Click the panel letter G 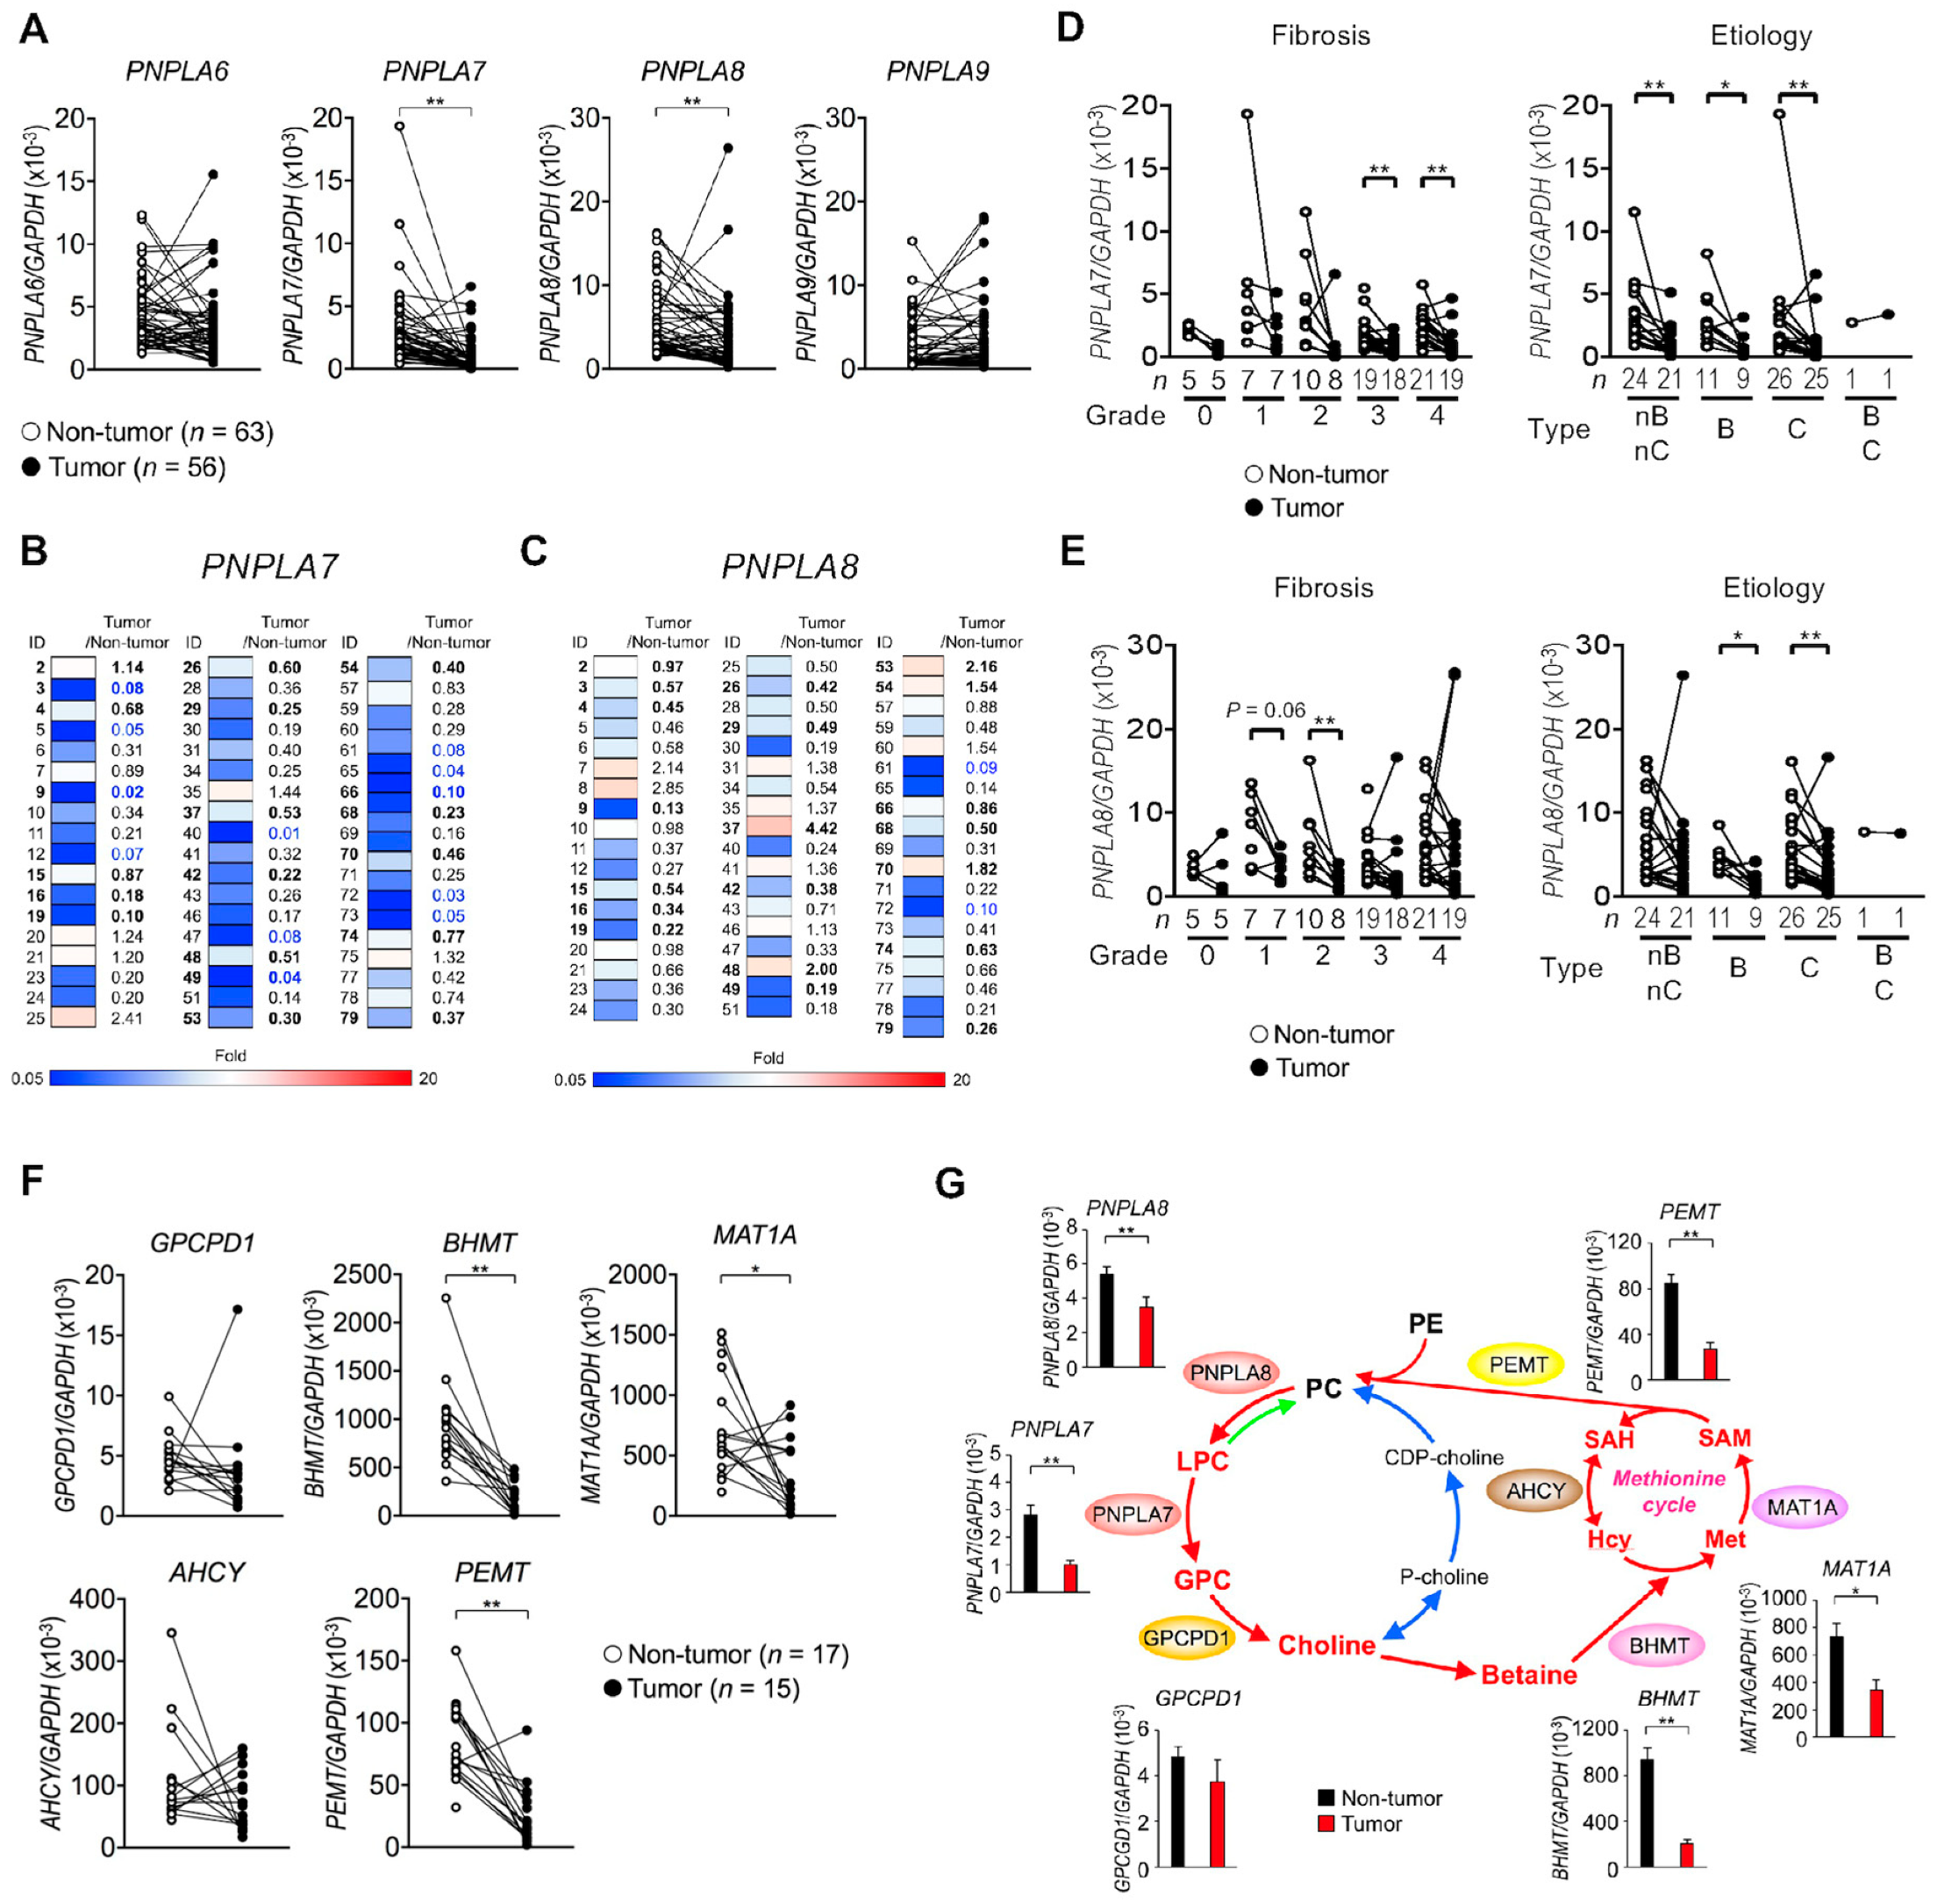[949, 1184]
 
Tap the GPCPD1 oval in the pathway [1186, 1637]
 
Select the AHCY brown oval [1534, 1492]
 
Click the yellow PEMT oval [1517, 1364]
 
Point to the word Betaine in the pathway [1528, 1674]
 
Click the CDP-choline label [1443, 1457]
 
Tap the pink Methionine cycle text [1669, 1492]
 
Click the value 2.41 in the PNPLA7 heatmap [126, 1019]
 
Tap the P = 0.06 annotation [1264, 710]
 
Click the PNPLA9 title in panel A [937, 71]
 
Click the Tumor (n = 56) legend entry [124, 467]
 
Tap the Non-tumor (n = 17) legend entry [726, 1654]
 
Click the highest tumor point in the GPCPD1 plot [237, 1309]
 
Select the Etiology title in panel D [1760, 36]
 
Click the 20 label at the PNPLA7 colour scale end [428, 1078]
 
